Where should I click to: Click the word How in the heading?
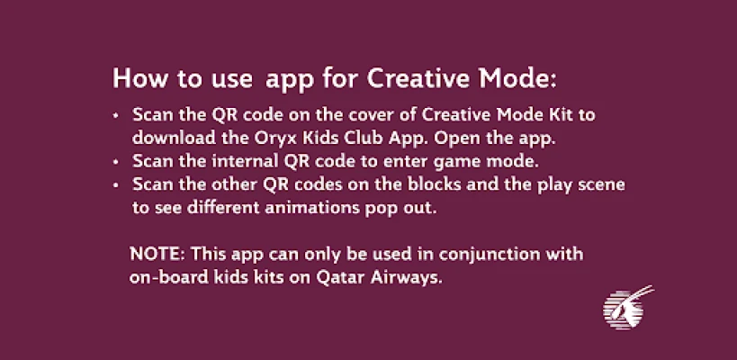pyautogui.click(x=140, y=79)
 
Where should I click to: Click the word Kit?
pyautogui.click(x=561, y=114)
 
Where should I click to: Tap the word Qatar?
pyautogui.click(x=340, y=278)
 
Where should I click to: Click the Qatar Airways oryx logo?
pyautogui.click(x=628, y=307)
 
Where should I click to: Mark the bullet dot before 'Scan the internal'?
pyautogui.click(x=116, y=162)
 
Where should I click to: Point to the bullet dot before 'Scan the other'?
pyautogui.click(x=116, y=184)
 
